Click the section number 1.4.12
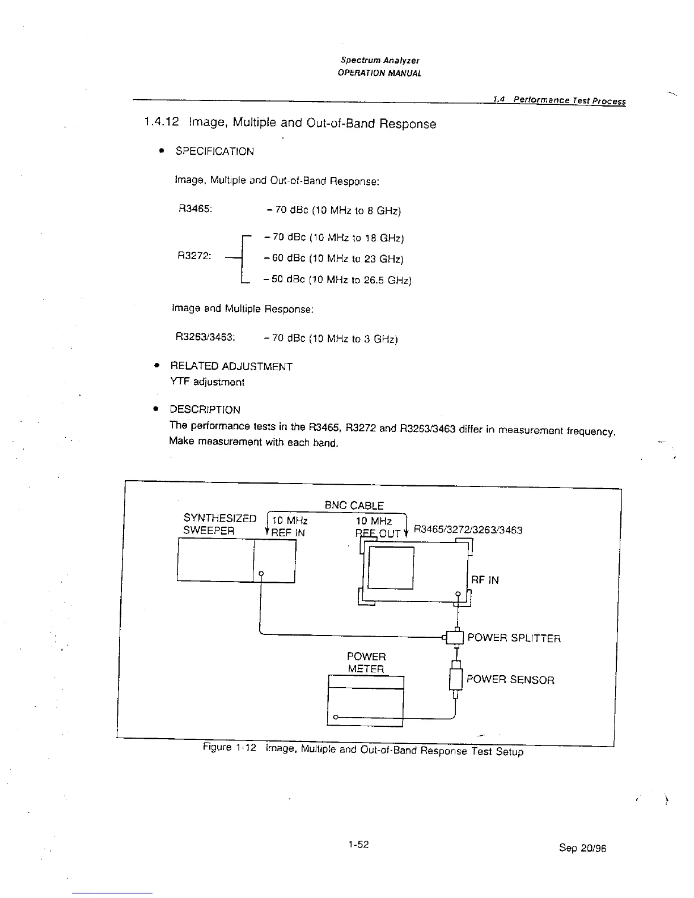161,122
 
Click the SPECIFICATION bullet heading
214,151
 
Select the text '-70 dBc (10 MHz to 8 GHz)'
333,211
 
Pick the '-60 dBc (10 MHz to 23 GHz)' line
333,259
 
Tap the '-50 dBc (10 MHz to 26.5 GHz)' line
337,280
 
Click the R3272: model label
194,256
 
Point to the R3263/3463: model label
205,337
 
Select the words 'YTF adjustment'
207,382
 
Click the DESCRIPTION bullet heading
205,409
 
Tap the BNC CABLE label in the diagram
354,505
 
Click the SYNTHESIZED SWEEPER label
219,524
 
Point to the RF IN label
485,580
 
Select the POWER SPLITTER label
514,638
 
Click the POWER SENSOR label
510,680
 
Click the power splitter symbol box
456,638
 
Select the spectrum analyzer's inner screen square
391,569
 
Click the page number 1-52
359,844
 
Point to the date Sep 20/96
582,848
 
